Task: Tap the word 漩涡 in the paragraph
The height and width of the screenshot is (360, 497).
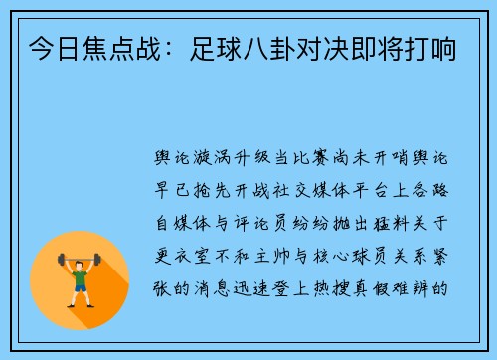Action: (x=212, y=157)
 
